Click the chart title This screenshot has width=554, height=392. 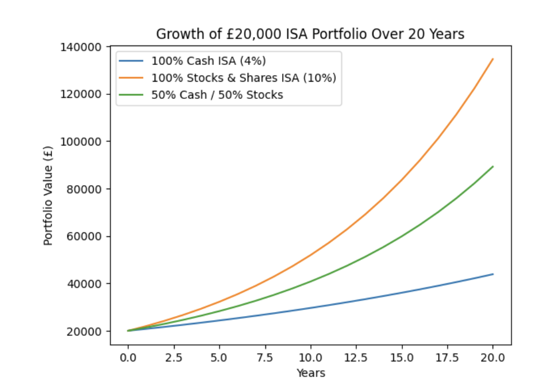310,34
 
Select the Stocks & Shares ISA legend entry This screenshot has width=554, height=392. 244,78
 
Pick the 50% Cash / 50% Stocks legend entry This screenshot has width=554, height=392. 217,95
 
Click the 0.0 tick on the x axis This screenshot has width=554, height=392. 128,358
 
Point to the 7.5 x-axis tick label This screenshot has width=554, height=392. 265,358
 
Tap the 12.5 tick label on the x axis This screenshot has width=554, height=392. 356,358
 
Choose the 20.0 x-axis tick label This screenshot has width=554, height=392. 493,358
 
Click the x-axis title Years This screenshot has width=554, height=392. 310,374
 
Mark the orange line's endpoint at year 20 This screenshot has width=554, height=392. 493,59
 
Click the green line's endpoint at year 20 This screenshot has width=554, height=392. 493,167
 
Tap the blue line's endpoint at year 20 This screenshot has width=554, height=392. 493,274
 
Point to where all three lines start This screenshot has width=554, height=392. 128,330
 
